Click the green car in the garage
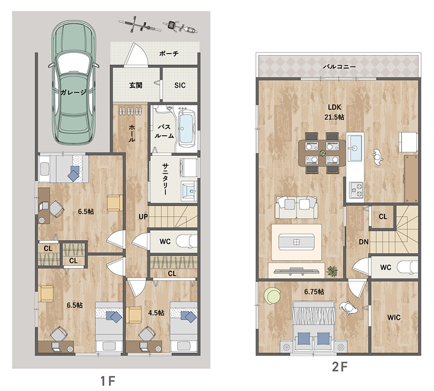pyautogui.click(x=74, y=82)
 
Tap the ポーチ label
pyautogui.click(x=169, y=53)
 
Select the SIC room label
pyautogui.click(x=180, y=85)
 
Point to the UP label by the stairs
pyautogui.click(x=143, y=217)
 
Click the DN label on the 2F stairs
pyautogui.click(x=364, y=242)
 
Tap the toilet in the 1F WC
pyautogui.click(x=188, y=241)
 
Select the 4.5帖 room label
pyautogui.click(x=156, y=313)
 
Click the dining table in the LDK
pyautogui.click(x=322, y=153)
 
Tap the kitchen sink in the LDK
pyautogui.click(x=354, y=148)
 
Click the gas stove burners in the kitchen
pyautogui.click(x=356, y=189)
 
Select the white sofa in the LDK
pyautogui.click(x=297, y=207)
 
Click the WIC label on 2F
pyautogui.click(x=394, y=317)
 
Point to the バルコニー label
pyautogui.click(x=339, y=66)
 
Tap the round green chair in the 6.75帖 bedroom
pyautogui.click(x=272, y=296)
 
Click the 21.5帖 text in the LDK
pyautogui.click(x=334, y=117)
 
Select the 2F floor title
pyautogui.click(x=339, y=367)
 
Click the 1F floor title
pyautogui.click(x=107, y=381)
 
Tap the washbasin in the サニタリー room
pyautogui.click(x=189, y=190)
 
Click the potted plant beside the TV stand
pyautogui.click(x=332, y=271)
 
